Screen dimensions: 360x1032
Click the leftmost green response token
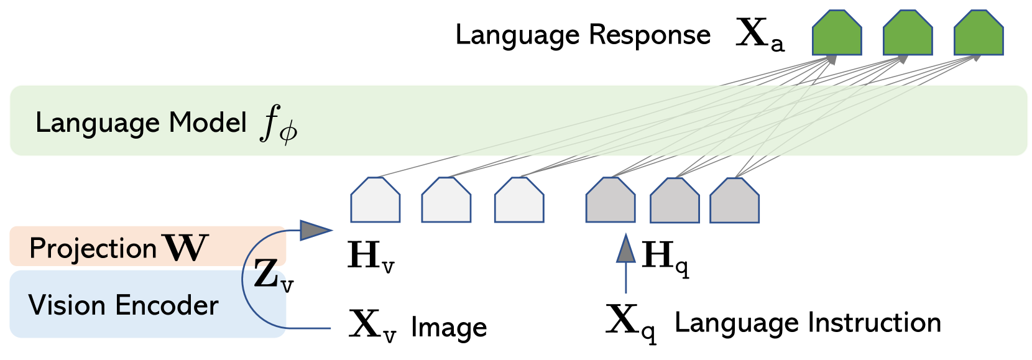tap(837, 34)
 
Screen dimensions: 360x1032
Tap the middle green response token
tap(908, 34)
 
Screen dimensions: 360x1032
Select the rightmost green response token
tap(979, 34)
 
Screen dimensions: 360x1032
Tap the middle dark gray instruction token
tap(675, 201)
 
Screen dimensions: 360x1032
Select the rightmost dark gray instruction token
tap(734, 201)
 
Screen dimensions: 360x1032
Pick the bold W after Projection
tap(185, 248)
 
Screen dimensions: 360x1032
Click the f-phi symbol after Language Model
tap(279, 124)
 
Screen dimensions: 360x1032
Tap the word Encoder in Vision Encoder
tap(167, 305)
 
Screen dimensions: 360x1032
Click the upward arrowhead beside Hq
tap(625, 249)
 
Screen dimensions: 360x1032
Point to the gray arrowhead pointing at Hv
tap(316, 230)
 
